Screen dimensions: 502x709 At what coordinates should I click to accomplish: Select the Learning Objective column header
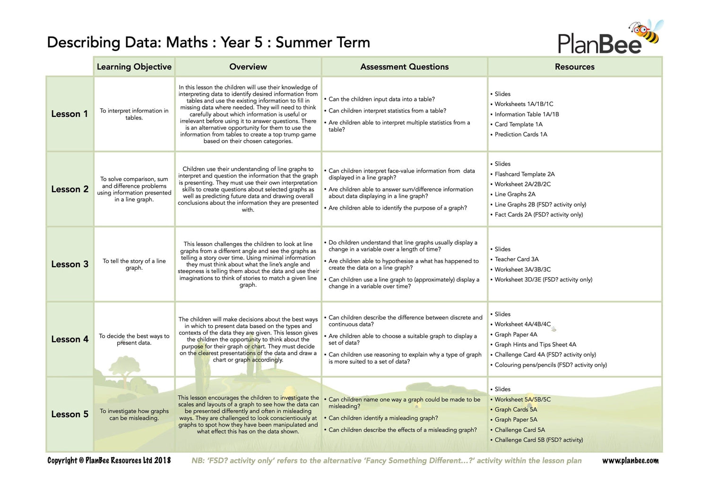[x=134, y=67]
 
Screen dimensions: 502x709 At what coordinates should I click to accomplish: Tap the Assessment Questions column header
[x=404, y=67]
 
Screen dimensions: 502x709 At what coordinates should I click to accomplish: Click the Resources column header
[x=574, y=67]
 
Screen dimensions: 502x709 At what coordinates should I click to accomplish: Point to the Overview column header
[x=248, y=67]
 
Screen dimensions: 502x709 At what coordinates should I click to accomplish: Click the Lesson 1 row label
[x=69, y=114]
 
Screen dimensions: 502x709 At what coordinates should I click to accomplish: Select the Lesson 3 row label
[x=69, y=264]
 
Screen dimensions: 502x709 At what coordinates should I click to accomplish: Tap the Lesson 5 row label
[x=69, y=414]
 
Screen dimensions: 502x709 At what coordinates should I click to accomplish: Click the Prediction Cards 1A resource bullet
[x=520, y=134]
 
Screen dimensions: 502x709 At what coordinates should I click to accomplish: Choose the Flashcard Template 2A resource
[x=524, y=174]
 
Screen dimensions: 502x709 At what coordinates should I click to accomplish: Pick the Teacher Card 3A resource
[x=516, y=259]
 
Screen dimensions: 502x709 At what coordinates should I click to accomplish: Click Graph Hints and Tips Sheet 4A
[x=535, y=344]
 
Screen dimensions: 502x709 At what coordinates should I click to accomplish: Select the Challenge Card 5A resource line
[x=519, y=430]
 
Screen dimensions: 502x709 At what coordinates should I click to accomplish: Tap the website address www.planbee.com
[x=630, y=460]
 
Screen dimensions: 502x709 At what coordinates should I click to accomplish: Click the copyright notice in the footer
[x=109, y=460]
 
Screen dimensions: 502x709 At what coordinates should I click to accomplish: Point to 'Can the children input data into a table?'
[x=381, y=99]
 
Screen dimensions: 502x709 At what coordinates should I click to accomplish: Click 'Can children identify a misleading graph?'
[x=383, y=418]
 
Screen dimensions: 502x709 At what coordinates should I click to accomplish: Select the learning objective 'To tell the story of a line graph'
[x=134, y=264]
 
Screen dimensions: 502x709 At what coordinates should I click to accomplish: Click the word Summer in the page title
[x=302, y=43]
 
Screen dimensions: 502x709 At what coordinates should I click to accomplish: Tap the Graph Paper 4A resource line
[x=516, y=335]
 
